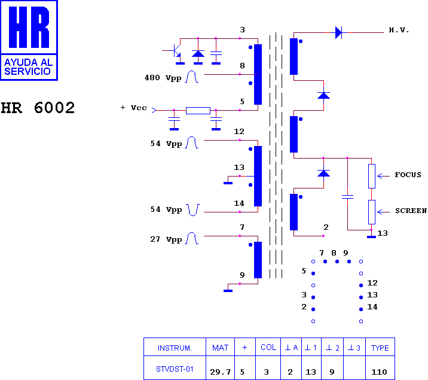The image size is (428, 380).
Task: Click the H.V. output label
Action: [x=399, y=30]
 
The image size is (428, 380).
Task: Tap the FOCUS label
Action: [x=408, y=175]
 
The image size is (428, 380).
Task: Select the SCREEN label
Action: [x=411, y=211]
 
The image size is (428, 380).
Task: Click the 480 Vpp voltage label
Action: [x=163, y=78]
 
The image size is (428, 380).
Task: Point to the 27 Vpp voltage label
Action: [x=166, y=239]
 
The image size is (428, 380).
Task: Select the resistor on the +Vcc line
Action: [x=198, y=110]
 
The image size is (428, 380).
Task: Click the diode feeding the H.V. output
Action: [x=338, y=32]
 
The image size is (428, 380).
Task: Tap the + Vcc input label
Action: [x=133, y=108]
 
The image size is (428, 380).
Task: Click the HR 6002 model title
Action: [x=38, y=108]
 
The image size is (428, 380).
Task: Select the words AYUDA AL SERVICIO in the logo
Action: [x=28, y=67]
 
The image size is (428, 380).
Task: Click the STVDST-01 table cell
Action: [x=175, y=369]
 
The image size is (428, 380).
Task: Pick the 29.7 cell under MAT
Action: [x=220, y=372]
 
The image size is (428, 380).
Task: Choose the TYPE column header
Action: [x=380, y=348]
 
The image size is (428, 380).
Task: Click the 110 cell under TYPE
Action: [x=379, y=372]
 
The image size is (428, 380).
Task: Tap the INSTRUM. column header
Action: [x=175, y=348]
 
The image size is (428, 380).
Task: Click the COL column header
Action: [x=268, y=347]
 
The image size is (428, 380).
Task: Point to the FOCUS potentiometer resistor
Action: [x=371, y=176]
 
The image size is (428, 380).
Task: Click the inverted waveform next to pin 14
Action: [x=192, y=210]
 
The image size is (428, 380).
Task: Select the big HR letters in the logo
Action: [x=29, y=27]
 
